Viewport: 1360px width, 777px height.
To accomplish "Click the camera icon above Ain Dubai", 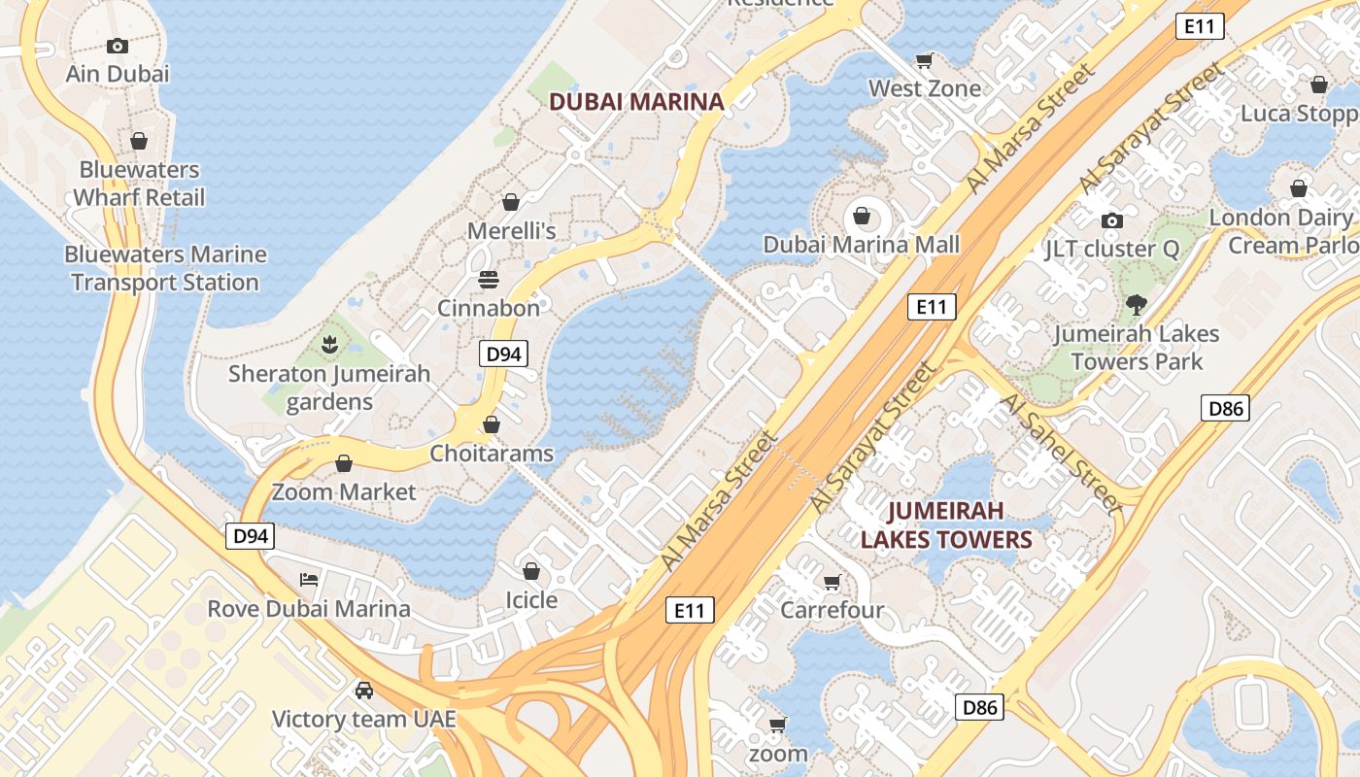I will [118, 46].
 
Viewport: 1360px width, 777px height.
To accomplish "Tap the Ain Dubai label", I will [118, 74].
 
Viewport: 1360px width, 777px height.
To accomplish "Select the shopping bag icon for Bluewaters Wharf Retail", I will [139, 141].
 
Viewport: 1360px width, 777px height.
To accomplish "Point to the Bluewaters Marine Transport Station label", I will [165, 269].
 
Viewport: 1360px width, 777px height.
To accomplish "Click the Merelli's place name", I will [512, 231].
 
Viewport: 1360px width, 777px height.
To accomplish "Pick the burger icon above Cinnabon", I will [489, 280].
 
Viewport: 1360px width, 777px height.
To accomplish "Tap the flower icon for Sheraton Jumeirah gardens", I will [329, 344].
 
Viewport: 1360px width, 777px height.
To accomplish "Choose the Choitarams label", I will [492, 454].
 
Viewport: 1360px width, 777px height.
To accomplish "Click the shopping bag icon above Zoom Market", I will [343, 463].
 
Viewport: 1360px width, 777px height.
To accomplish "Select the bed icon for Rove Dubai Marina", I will [309, 580].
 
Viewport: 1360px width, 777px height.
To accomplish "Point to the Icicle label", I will [531, 600].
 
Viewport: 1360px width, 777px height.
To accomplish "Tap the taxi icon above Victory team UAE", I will [364, 690].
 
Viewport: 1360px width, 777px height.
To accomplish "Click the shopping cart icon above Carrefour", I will [832, 582].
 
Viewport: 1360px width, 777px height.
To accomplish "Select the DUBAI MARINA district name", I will [637, 101].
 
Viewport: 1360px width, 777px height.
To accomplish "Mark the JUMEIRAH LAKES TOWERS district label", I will [946, 524].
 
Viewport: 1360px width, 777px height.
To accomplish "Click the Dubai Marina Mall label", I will [862, 245].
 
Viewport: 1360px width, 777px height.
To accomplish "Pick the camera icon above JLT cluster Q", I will [1112, 220].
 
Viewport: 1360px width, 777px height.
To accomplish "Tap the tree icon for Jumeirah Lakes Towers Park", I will [1136, 305].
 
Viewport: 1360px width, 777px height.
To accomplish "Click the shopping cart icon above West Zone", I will [925, 60].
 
